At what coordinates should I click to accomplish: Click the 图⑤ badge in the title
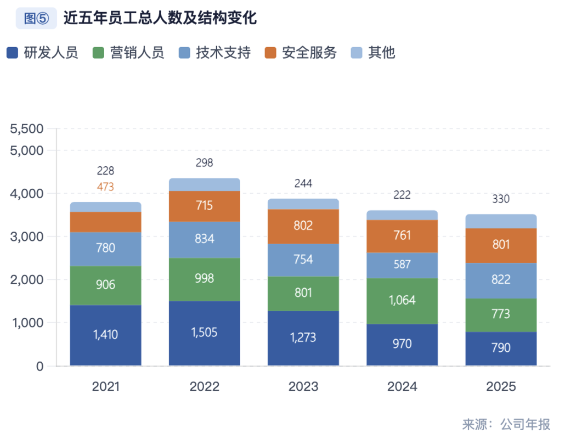37,19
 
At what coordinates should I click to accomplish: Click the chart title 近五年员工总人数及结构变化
160,19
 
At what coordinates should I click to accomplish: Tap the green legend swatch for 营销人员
98,53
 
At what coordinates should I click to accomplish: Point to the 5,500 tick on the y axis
27,129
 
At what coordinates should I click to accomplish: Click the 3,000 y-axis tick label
27,237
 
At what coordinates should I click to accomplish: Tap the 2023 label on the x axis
303,387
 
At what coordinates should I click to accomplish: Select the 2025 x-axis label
501,387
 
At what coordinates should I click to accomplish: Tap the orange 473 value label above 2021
106,187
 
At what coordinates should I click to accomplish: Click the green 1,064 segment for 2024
402,301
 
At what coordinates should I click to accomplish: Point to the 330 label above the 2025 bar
501,199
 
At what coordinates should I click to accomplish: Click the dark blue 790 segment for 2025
501,348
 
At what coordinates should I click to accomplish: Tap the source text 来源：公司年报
506,424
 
